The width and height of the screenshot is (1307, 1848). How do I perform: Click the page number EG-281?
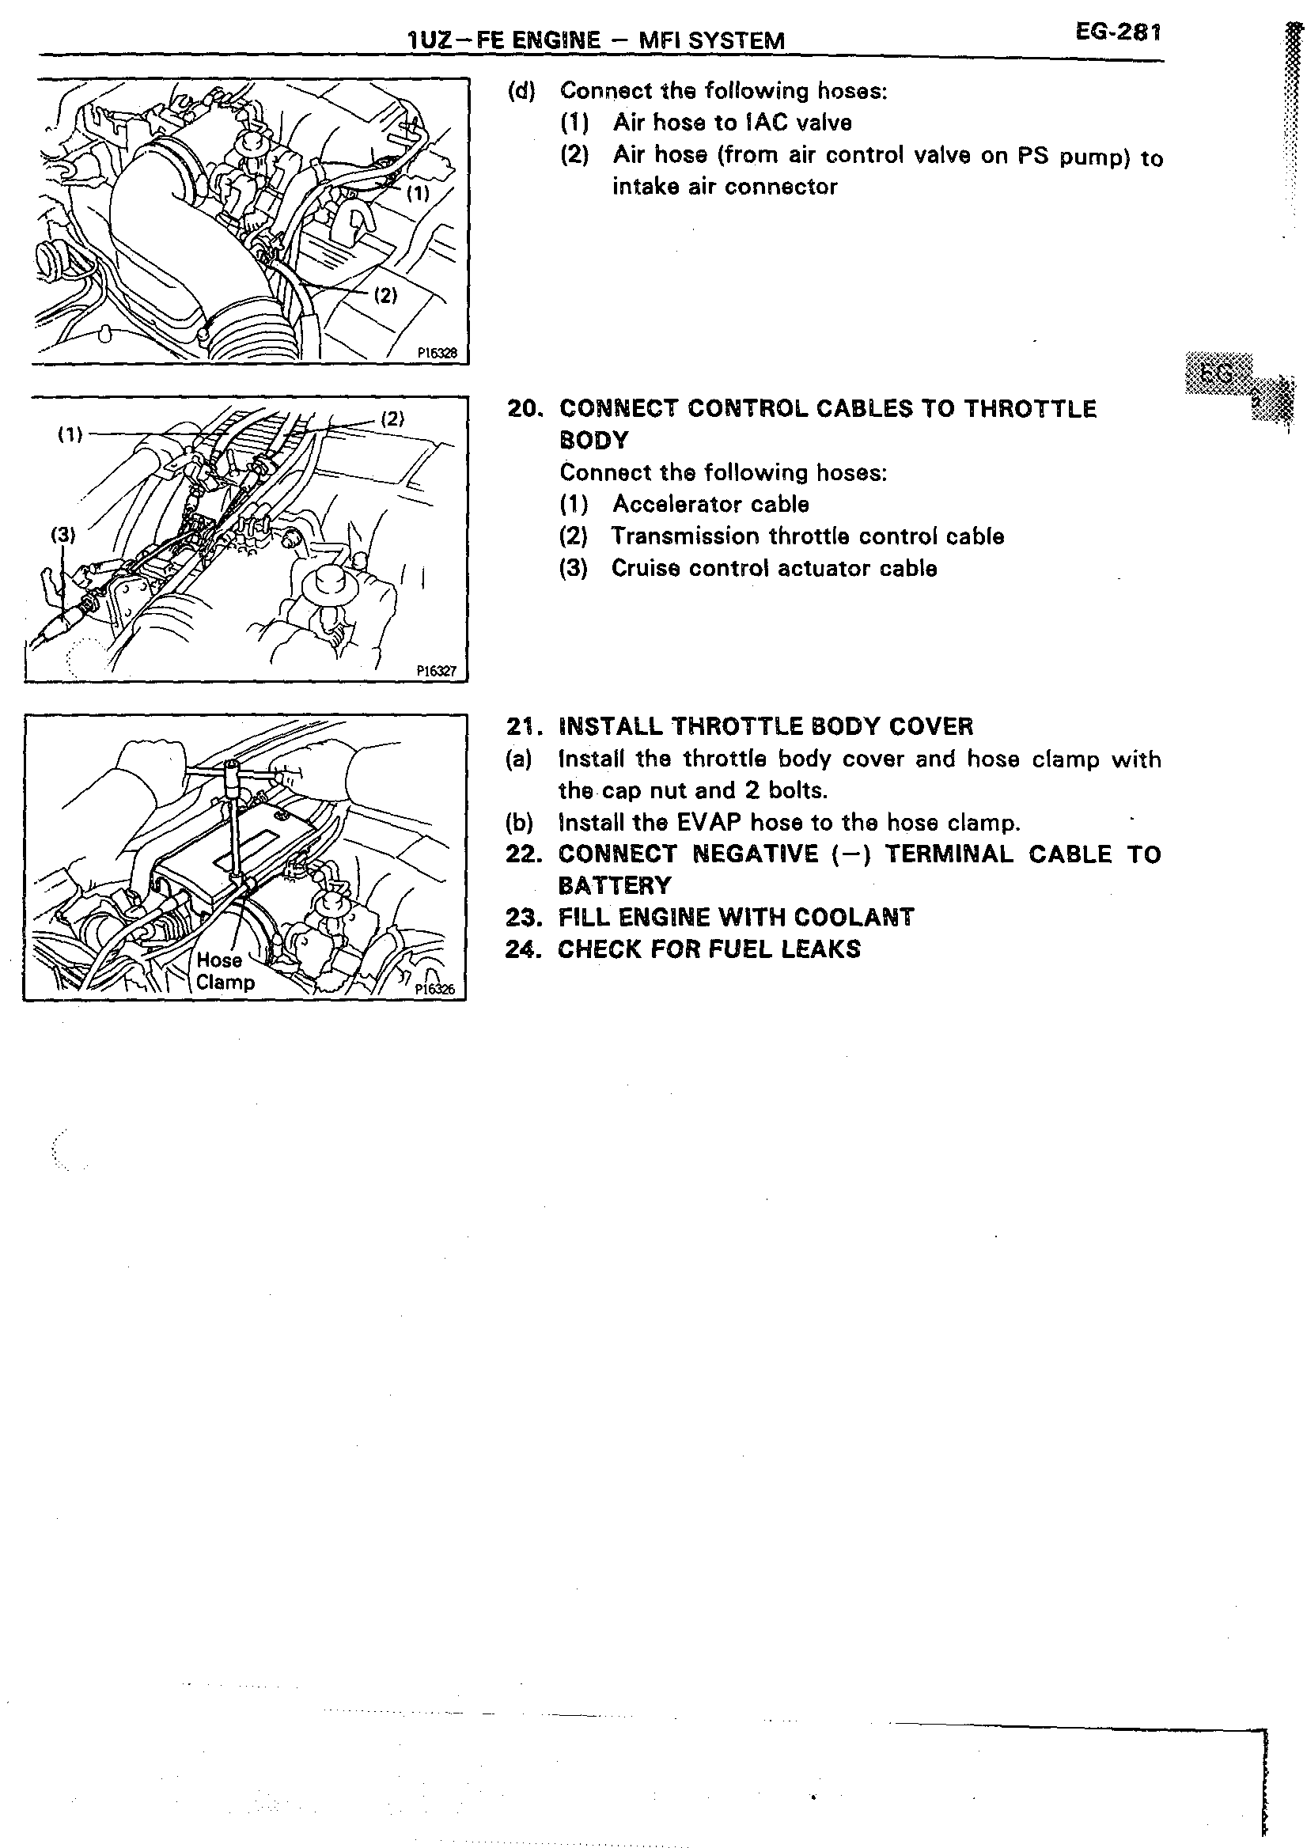[x=1119, y=33]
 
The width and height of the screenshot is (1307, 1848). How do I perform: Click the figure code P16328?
[x=436, y=353]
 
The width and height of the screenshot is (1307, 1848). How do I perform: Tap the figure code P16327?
[x=436, y=669]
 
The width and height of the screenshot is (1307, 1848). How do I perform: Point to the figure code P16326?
[x=434, y=989]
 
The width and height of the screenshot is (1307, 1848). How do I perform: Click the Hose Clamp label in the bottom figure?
[x=223, y=971]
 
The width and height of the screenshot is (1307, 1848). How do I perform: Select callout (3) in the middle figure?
[x=63, y=535]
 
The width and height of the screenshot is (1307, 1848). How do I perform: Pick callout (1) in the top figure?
[x=418, y=193]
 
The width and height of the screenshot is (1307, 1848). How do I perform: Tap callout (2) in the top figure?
[x=385, y=295]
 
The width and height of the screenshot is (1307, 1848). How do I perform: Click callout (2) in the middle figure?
[x=392, y=418]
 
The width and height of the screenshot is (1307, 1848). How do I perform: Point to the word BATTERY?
[x=614, y=886]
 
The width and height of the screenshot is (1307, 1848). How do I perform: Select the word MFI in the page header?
[x=659, y=40]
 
